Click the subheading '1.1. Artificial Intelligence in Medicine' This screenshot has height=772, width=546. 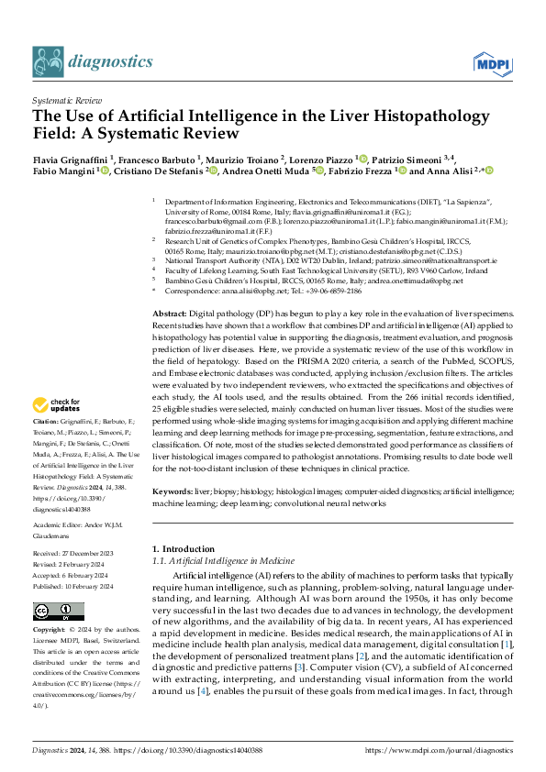(223, 560)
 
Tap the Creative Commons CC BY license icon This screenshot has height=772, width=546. (52, 612)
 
